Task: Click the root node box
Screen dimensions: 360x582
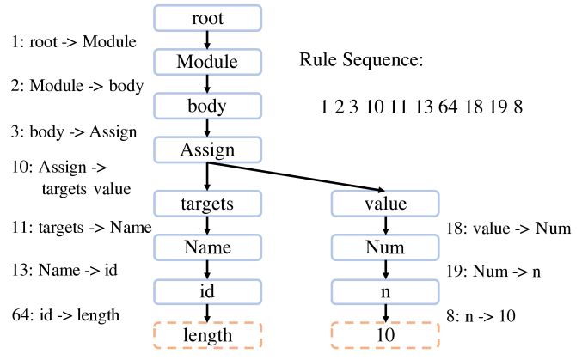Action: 207,16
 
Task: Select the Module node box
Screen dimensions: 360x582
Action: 207,61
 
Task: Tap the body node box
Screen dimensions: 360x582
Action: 207,106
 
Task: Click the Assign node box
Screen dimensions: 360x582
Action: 207,150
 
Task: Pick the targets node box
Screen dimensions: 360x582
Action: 207,204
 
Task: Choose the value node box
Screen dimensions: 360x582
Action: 384,204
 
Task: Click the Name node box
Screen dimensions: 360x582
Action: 207,247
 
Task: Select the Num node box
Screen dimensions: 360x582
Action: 384,247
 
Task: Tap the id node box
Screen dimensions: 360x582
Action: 207,291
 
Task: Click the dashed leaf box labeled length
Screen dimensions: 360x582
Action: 207,335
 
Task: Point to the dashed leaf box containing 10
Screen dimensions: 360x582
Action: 384,335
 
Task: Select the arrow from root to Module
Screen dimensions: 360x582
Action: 207,39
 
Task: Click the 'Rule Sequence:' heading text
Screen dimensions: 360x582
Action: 361,60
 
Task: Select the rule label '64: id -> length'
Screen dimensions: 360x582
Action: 66,314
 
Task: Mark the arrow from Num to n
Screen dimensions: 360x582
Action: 384,270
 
